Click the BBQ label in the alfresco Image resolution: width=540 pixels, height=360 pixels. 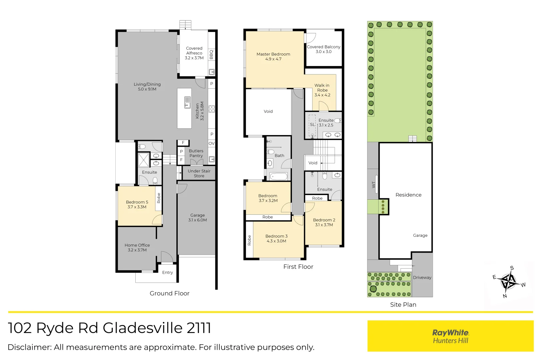pyautogui.click(x=211, y=54)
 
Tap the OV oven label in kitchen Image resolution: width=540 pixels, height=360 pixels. pyautogui.click(x=211, y=144)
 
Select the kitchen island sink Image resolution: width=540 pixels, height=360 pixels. pyautogui.click(x=188, y=102)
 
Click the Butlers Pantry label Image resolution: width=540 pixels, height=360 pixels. pyautogui.click(x=196, y=153)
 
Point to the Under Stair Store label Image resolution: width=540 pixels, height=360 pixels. pyautogui.click(x=199, y=173)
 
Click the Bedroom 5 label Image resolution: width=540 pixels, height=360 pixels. pyautogui.click(x=137, y=204)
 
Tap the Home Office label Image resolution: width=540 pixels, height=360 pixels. pyautogui.click(x=137, y=247)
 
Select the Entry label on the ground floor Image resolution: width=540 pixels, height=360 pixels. pyautogui.click(x=167, y=272)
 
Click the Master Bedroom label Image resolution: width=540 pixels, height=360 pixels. pyautogui.click(x=273, y=56)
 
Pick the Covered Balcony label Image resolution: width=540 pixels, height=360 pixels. pyautogui.click(x=324, y=49)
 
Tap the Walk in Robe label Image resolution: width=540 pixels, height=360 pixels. pyautogui.click(x=322, y=90)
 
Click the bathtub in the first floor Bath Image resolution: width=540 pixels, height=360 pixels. pyautogui.click(x=279, y=176)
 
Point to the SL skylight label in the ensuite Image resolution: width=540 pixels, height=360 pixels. pyautogui.click(x=312, y=124)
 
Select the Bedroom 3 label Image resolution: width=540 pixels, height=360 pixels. pyautogui.click(x=276, y=238)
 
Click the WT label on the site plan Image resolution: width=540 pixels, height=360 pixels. pyautogui.click(x=373, y=184)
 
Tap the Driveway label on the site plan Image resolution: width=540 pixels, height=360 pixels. pyautogui.click(x=422, y=277)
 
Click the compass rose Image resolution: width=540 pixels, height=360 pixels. pyautogui.click(x=509, y=282)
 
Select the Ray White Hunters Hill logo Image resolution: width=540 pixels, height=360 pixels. pyautogui.click(x=450, y=336)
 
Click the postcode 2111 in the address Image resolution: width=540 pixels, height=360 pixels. pyautogui.click(x=199, y=328)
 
